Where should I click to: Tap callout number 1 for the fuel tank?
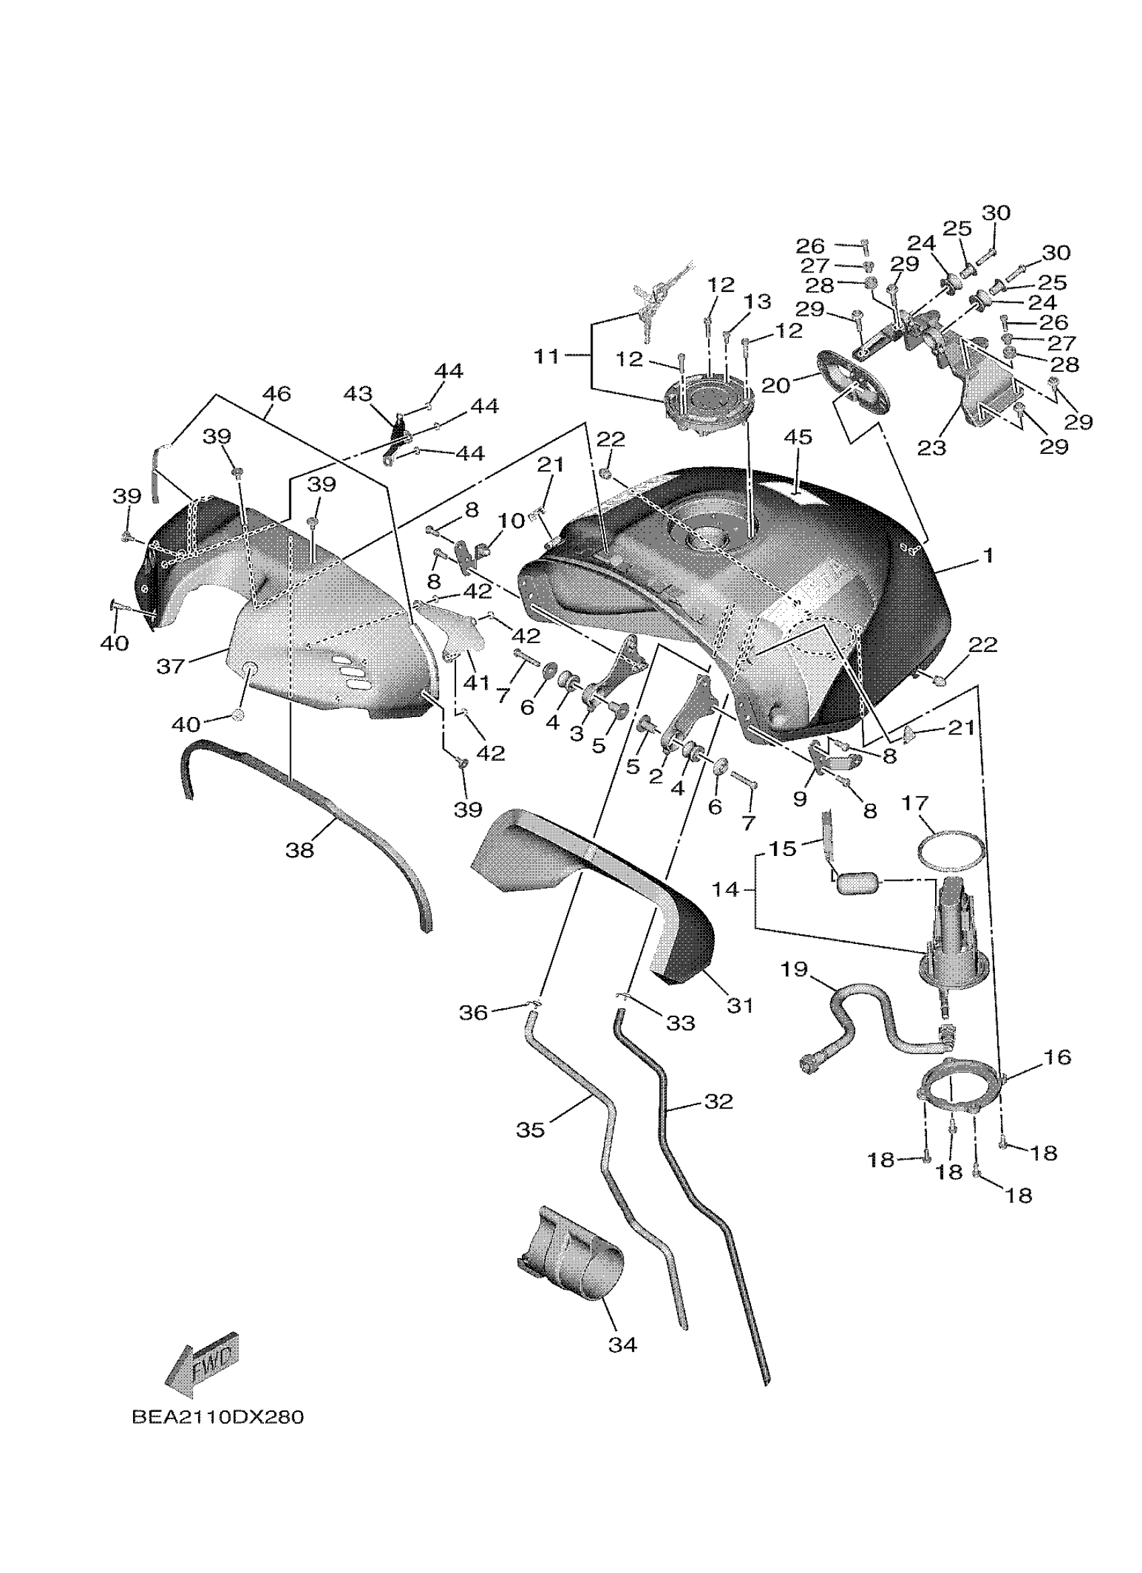[x=987, y=555]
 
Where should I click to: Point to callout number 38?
[x=300, y=850]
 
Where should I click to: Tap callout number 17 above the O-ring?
[x=914, y=803]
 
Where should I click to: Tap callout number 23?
[x=931, y=447]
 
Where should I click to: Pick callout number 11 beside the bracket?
[x=547, y=356]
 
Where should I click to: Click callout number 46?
[x=276, y=393]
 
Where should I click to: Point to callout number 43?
[x=358, y=394]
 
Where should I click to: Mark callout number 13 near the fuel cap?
[x=758, y=301]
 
